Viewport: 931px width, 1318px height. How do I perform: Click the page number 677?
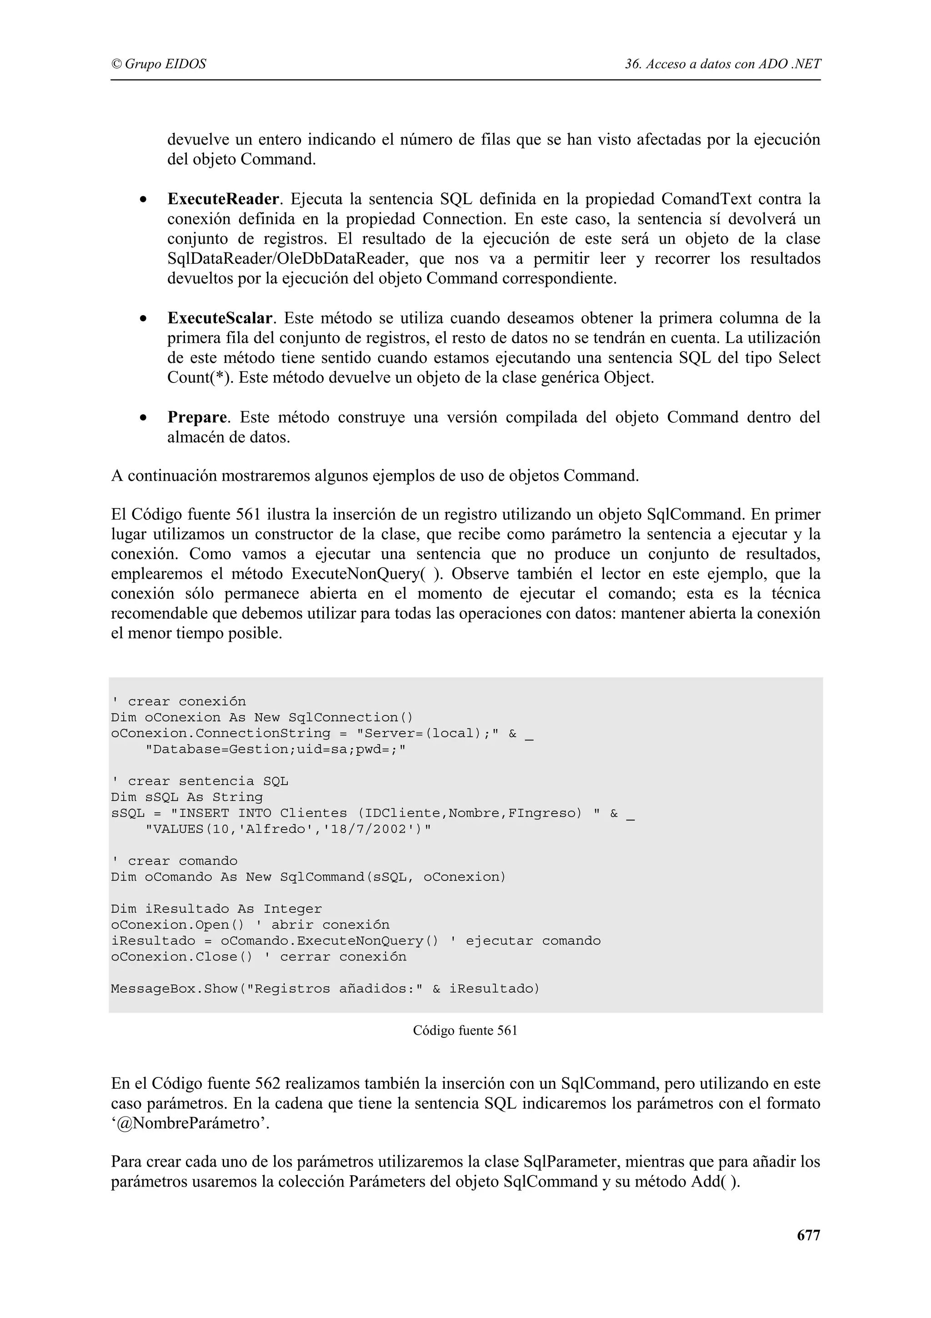coord(808,1235)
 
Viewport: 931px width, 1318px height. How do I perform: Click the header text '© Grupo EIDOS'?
coord(158,64)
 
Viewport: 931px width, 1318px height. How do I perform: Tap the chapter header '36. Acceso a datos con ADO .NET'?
coord(723,64)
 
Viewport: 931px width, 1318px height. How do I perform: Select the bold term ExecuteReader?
coord(223,199)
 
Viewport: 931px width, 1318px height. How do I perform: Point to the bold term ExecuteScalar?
coord(220,318)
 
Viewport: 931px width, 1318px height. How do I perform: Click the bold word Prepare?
coord(197,418)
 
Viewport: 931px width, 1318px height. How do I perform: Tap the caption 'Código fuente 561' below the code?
coord(465,1031)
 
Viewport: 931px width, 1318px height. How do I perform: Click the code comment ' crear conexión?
coord(178,701)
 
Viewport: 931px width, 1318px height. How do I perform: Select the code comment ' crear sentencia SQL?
coord(200,781)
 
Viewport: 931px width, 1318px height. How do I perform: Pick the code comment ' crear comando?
coord(175,861)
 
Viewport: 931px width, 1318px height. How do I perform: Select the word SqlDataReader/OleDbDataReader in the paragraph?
coord(287,259)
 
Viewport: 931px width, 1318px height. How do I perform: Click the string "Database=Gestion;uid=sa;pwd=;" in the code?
coord(275,750)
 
